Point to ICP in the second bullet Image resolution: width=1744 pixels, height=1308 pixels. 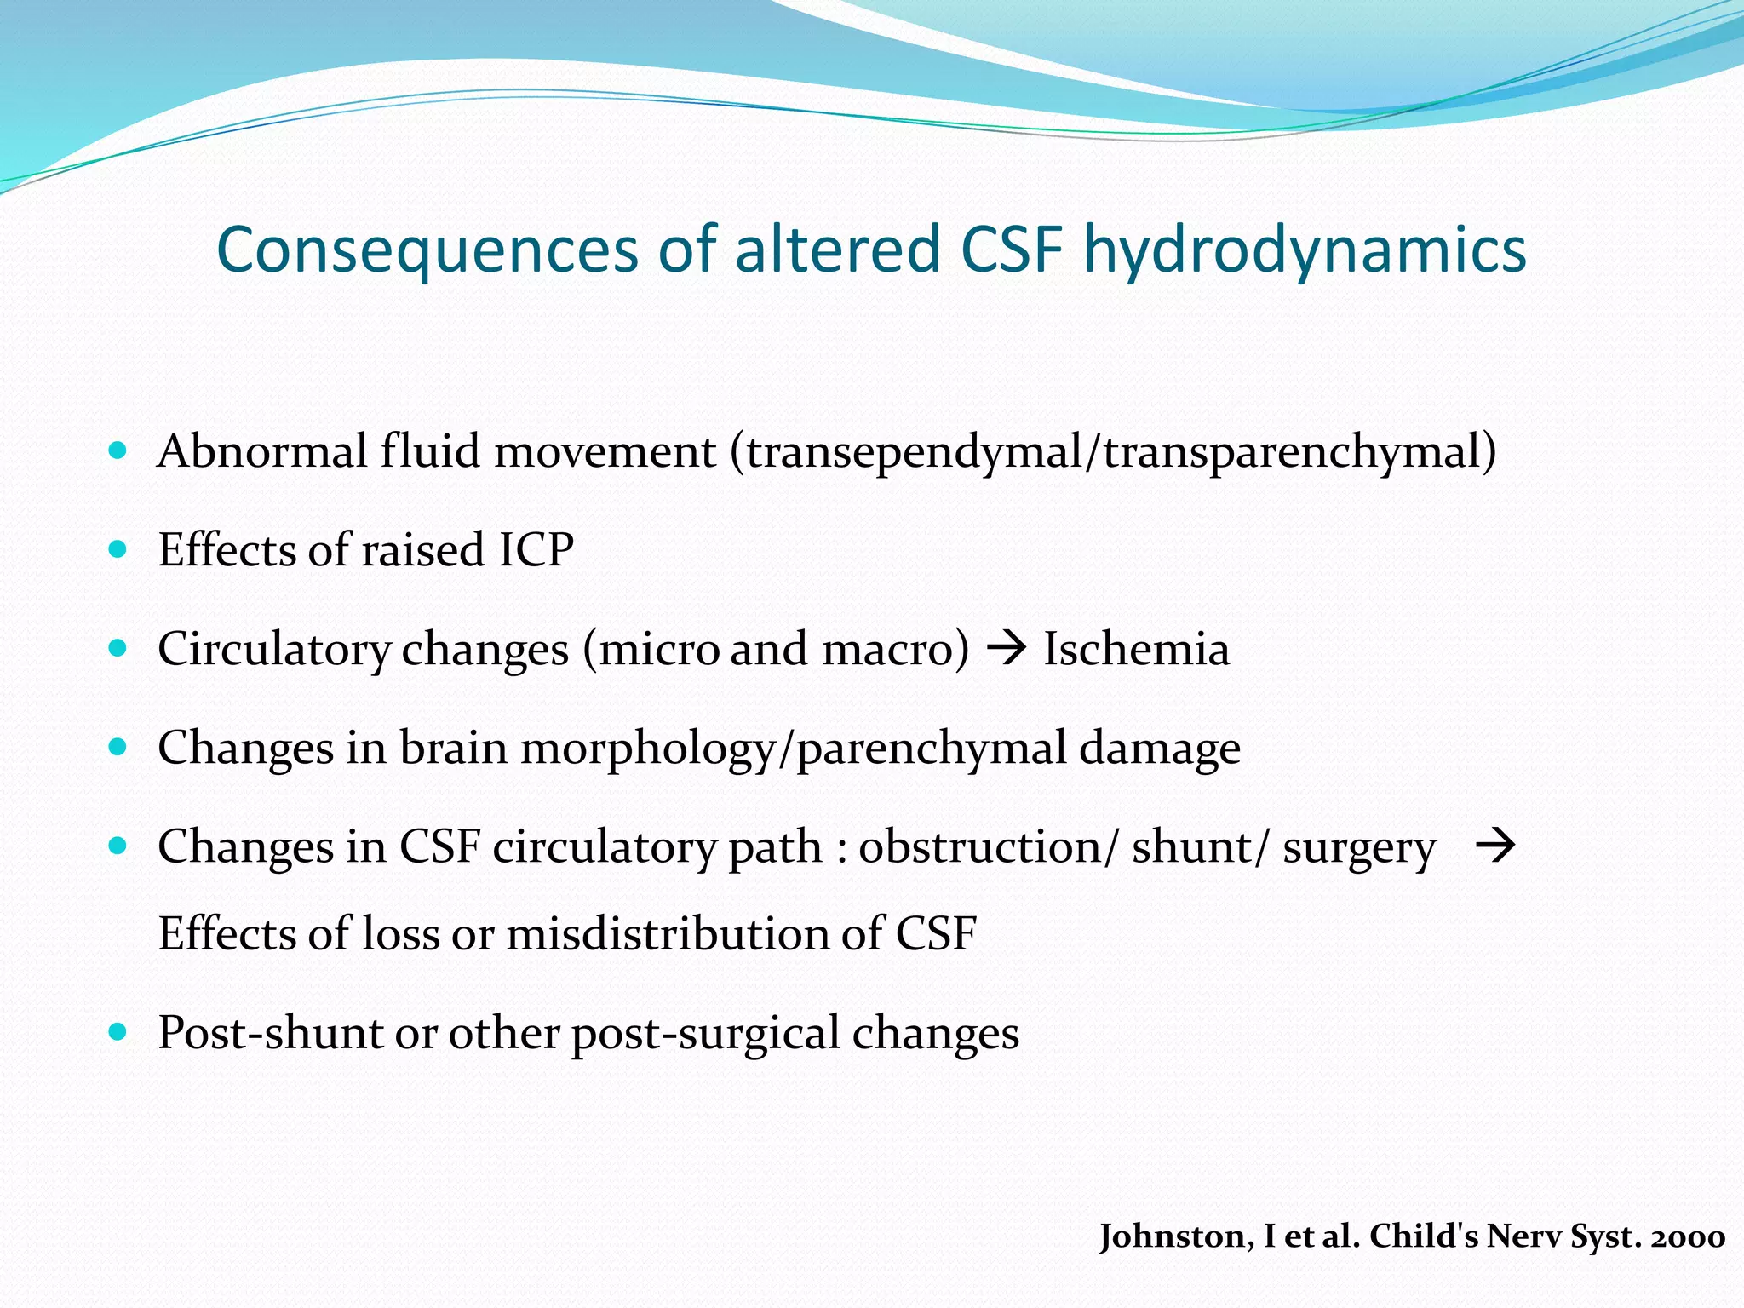536,549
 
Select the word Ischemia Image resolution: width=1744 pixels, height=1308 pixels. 1136,649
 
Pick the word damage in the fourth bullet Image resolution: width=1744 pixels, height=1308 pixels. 1159,748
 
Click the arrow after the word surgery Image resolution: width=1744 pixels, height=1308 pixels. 1495,846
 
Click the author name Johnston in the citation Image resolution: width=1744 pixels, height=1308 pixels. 1175,1236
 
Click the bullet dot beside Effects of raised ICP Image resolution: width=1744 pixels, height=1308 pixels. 118,549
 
